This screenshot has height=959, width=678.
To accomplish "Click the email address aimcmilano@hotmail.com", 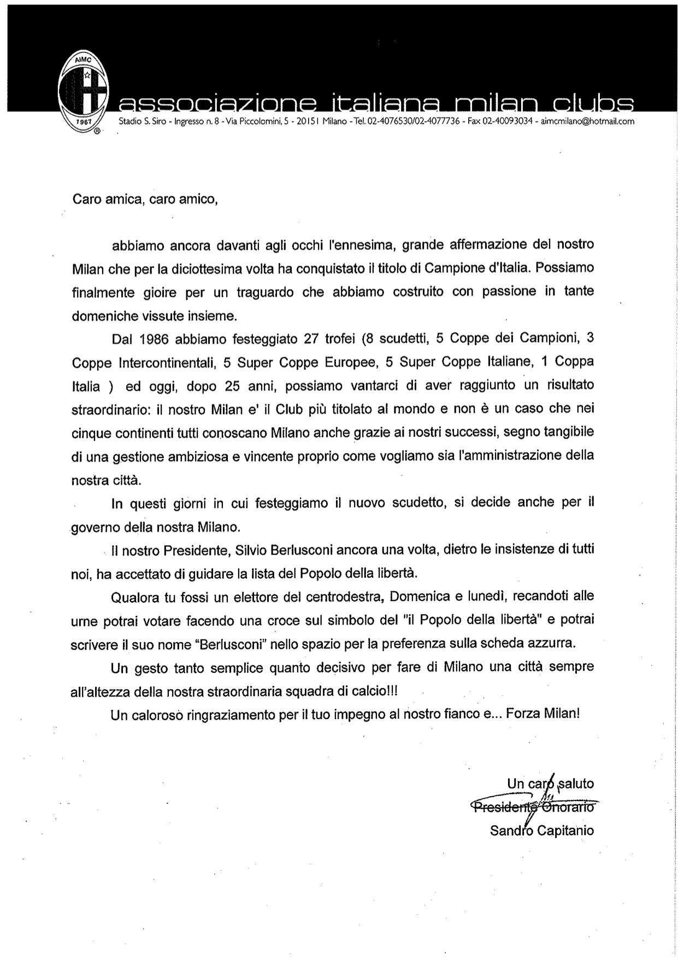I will [587, 122].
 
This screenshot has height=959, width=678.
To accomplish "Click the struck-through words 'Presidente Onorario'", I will [533, 807].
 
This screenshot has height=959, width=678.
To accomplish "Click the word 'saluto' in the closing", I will [575, 784].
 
